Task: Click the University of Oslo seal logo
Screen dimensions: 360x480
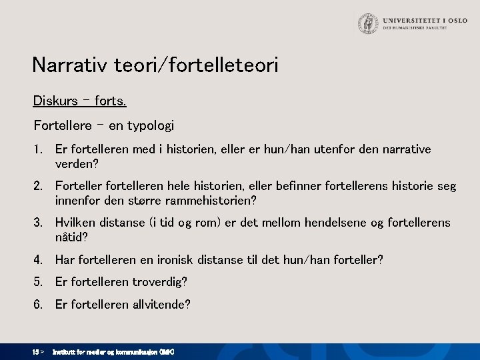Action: pyautogui.click(x=367, y=24)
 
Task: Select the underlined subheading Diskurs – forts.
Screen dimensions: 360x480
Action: pyautogui.click(x=79, y=101)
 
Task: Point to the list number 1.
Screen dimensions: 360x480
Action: pyautogui.click(x=39, y=149)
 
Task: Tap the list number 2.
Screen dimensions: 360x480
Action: pyautogui.click(x=39, y=186)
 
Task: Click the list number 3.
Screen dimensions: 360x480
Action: pyautogui.click(x=39, y=223)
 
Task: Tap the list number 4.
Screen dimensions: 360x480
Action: pyautogui.click(x=39, y=259)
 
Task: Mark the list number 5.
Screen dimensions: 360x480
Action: pyautogui.click(x=39, y=282)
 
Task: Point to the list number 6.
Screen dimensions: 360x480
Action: pyautogui.click(x=39, y=305)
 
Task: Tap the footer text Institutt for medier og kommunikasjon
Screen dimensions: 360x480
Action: pyautogui.click(x=113, y=351)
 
